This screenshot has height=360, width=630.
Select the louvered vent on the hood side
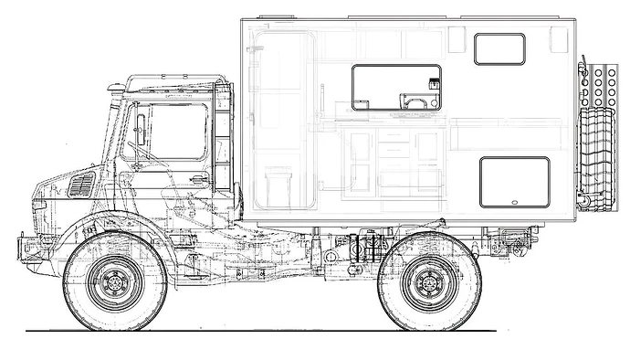(x=82, y=185)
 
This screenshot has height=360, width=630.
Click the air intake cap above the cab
(x=116, y=87)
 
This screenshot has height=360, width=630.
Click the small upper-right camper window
(x=499, y=48)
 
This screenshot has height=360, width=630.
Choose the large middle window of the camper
(x=396, y=88)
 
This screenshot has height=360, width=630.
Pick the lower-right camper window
(x=515, y=180)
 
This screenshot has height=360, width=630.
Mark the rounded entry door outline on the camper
(x=285, y=119)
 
